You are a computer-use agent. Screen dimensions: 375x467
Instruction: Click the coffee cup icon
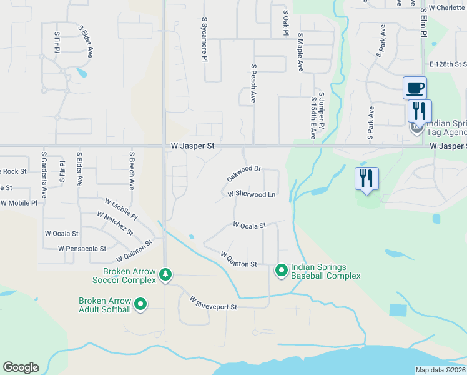click(415, 87)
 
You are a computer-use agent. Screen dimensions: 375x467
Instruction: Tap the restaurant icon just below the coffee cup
click(420, 111)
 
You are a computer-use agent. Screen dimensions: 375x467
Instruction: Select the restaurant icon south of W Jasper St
click(366, 179)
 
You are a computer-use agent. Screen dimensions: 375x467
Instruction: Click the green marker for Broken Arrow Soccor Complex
click(165, 274)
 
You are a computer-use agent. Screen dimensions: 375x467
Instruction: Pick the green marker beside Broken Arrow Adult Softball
click(140, 305)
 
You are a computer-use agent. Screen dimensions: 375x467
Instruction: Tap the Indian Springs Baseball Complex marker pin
click(282, 271)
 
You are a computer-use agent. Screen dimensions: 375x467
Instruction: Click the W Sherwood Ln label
click(252, 194)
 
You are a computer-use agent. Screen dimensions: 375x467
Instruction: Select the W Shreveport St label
click(214, 304)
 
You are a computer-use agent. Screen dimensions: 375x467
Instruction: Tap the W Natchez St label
click(115, 223)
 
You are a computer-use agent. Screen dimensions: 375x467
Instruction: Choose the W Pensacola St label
click(82, 248)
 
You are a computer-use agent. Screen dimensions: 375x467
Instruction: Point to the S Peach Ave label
click(253, 83)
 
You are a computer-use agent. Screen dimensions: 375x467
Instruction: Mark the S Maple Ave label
click(300, 51)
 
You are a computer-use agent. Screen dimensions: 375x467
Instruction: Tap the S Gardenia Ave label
click(44, 169)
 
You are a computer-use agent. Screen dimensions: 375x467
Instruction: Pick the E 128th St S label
click(448, 64)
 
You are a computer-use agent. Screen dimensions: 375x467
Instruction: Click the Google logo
click(21, 367)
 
